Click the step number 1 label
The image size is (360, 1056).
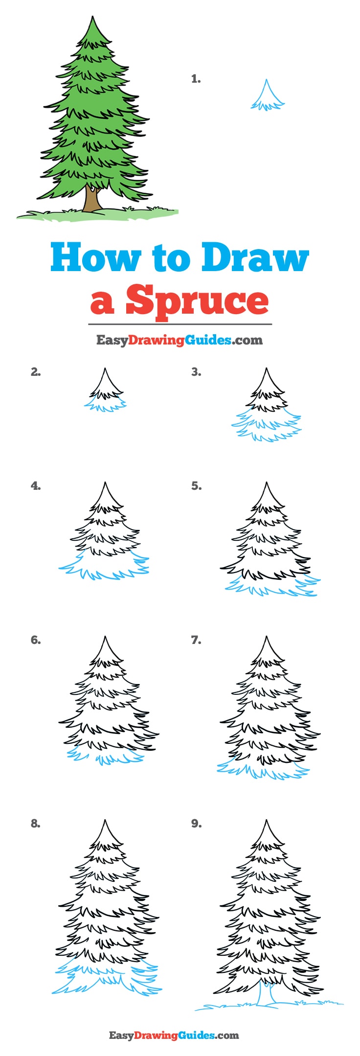(196, 79)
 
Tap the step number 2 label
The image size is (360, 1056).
(35, 372)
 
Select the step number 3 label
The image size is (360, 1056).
(196, 372)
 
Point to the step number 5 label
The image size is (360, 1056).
(196, 486)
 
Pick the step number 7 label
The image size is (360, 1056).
(196, 640)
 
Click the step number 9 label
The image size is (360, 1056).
(196, 824)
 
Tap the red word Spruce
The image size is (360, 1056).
(197, 300)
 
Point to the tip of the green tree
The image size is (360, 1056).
(92, 18)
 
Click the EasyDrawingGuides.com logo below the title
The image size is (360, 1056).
(180, 340)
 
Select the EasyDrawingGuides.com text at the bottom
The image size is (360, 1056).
(174, 1035)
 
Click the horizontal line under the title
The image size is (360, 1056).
(180, 324)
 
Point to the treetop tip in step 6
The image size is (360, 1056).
(105, 638)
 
